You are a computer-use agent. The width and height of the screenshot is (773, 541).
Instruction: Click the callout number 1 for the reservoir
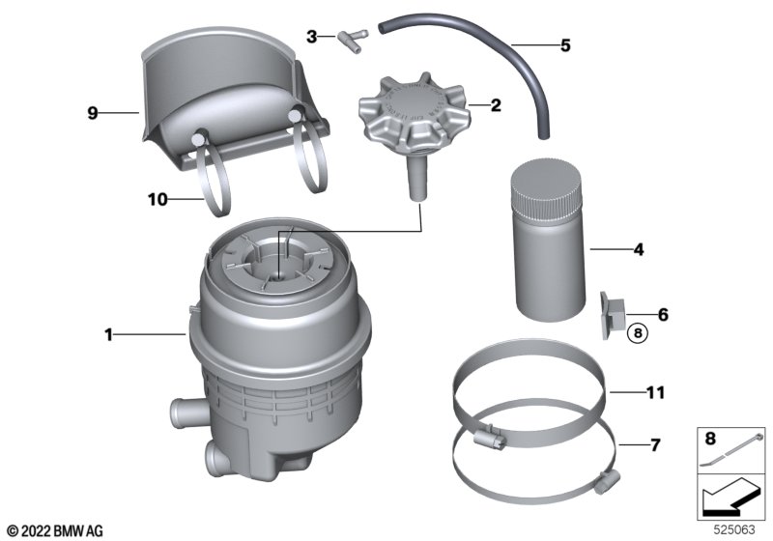[108, 335]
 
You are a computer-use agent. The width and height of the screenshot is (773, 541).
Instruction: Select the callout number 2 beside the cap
[496, 105]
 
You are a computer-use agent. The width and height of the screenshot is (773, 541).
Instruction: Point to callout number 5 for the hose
[565, 45]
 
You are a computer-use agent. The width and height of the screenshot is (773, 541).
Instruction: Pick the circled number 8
[638, 333]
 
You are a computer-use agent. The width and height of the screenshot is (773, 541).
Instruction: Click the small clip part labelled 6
[612, 315]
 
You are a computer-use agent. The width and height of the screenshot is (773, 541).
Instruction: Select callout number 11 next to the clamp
[656, 392]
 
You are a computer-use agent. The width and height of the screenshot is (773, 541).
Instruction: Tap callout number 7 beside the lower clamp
[655, 445]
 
